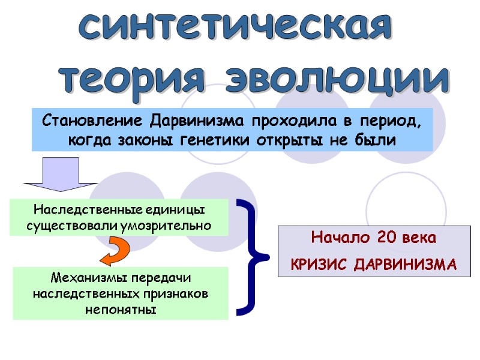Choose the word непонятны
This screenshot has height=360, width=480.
121,310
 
